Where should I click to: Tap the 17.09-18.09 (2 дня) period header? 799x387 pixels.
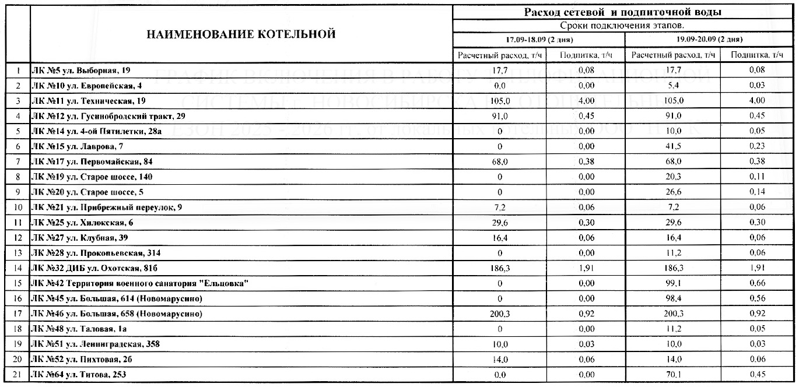(539, 40)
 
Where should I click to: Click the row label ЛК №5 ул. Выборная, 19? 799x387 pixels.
(80, 71)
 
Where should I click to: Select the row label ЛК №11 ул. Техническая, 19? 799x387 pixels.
(89, 101)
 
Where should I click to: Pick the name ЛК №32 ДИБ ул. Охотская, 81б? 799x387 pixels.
(95, 268)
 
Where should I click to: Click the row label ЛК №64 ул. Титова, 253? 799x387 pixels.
(78, 374)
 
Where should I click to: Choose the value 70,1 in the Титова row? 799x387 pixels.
(673, 374)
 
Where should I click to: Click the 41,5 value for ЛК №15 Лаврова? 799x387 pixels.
(673, 146)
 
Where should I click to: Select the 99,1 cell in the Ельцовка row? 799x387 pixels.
(673, 283)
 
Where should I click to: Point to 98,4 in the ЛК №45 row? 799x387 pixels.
(673, 298)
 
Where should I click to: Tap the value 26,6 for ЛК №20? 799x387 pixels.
(673, 192)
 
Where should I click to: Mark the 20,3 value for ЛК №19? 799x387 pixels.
(673, 177)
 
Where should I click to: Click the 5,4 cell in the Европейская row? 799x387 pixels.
(673, 86)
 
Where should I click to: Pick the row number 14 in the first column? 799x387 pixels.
(17, 268)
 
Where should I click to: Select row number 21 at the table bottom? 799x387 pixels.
(17, 374)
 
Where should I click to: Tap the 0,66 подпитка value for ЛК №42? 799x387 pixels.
(756, 283)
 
